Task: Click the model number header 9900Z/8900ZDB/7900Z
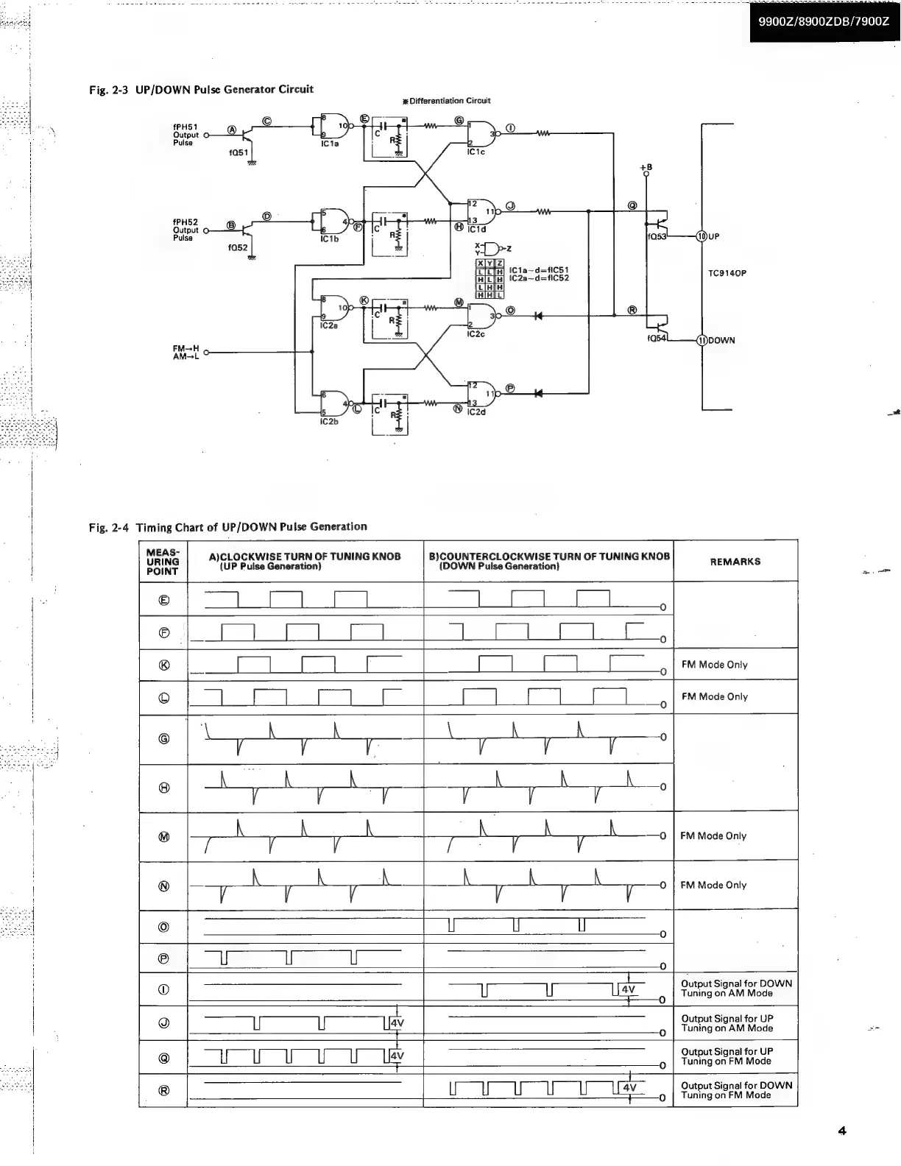[x=824, y=21]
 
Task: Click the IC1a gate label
[x=329, y=144]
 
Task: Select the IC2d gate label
[x=476, y=411]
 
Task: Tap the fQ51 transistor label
[x=239, y=153]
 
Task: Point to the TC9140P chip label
[x=727, y=273]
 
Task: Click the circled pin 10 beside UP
[x=702, y=236]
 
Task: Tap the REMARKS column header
[x=735, y=562]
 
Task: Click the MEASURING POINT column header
[x=163, y=561]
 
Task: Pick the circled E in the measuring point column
[x=163, y=600]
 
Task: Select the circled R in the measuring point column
[x=163, y=1090]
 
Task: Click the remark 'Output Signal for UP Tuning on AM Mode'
[x=727, y=1023]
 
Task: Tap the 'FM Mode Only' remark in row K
[x=714, y=665]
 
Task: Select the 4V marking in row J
[x=397, y=1023]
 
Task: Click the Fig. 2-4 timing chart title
[x=227, y=527]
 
